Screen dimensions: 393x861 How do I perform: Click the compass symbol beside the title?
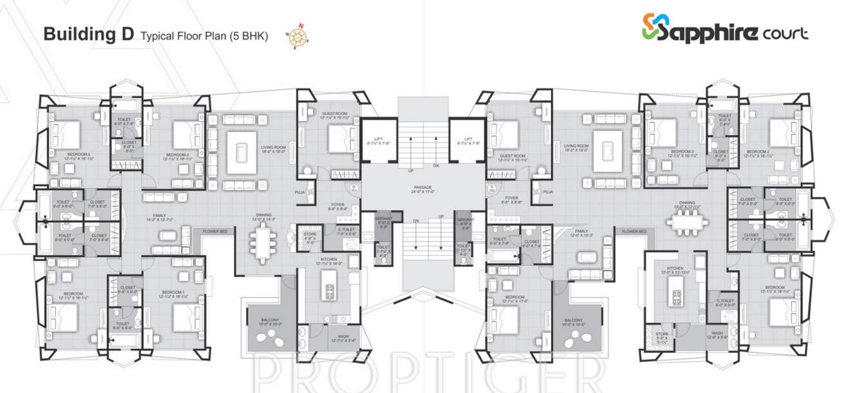pos(297,37)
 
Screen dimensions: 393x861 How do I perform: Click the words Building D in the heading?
pos(88,35)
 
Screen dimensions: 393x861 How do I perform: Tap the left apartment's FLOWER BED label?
pos(215,231)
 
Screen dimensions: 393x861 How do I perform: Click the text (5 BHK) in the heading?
pos(251,36)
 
